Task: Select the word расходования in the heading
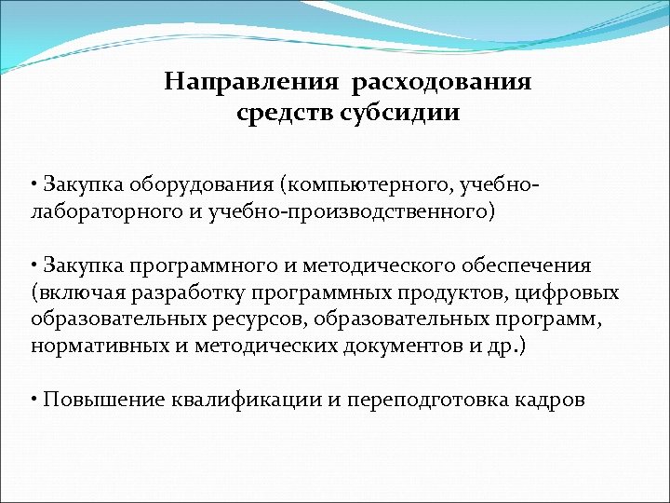442,82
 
